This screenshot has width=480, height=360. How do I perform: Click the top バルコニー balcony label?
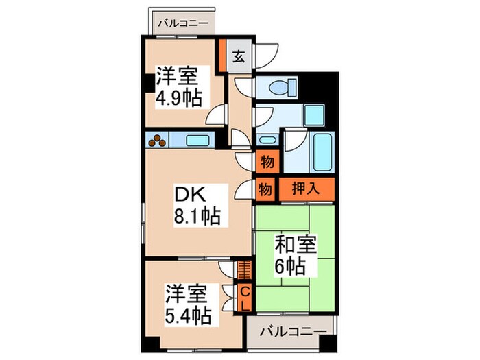click(182, 23)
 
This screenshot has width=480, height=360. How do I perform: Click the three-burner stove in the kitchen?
click(158, 141)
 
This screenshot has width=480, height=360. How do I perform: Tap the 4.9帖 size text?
click(179, 97)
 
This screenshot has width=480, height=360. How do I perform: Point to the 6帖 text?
click(293, 265)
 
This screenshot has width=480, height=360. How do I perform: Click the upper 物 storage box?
click(267, 164)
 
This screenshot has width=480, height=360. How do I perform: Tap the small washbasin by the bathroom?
click(267, 140)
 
